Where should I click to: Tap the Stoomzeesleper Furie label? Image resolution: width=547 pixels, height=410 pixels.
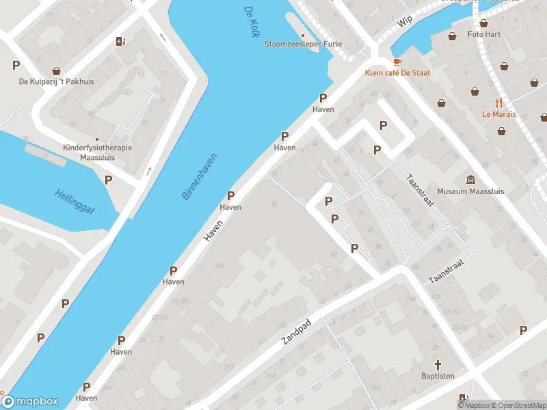[303, 44]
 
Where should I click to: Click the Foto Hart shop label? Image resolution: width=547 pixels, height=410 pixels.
[484, 34]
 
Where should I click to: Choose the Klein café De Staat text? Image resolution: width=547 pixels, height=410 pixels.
[397, 72]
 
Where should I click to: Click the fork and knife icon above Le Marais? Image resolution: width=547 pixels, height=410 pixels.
[498, 102]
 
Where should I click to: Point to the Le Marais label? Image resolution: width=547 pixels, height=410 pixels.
[498, 114]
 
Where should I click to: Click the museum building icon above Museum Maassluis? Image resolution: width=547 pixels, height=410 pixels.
[470, 180]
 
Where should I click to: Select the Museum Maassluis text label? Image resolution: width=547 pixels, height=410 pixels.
[470, 191]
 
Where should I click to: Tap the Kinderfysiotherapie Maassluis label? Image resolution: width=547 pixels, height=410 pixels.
[96, 152]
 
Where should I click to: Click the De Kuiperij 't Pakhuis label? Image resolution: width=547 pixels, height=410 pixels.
[56, 82]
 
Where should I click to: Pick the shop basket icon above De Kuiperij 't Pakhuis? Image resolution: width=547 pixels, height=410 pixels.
[56, 70]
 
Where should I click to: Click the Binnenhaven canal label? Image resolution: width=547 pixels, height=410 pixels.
[196, 179]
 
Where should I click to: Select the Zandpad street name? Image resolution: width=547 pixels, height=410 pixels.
[296, 331]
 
